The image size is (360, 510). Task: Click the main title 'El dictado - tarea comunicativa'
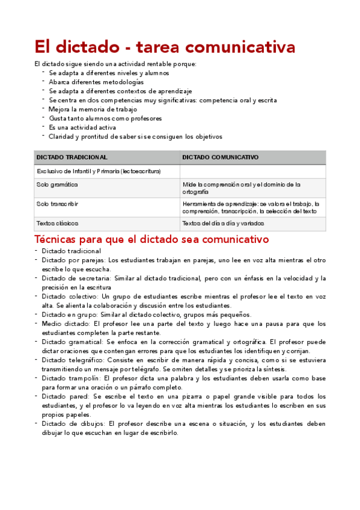[x=165, y=46]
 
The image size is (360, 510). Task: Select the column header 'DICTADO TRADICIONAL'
[x=72, y=157]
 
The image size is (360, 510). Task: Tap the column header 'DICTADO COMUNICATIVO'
[x=221, y=157]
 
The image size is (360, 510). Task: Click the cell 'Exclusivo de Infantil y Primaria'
[x=99, y=171]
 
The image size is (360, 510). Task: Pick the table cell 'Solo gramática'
[x=58, y=184]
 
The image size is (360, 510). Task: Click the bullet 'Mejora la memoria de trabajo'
[x=93, y=109]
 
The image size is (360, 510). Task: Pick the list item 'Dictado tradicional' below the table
[x=72, y=251]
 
